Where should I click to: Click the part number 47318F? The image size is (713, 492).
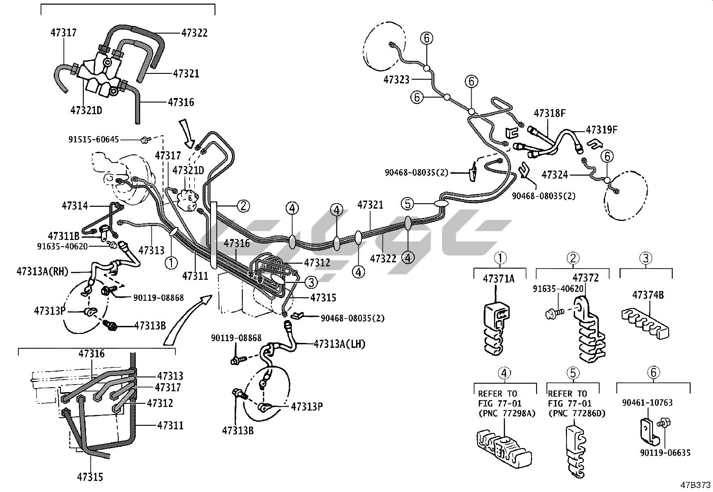click(x=549, y=113)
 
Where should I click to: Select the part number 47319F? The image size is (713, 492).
click(x=602, y=130)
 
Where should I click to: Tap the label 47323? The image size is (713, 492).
click(x=396, y=80)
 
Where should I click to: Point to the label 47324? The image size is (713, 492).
click(x=554, y=175)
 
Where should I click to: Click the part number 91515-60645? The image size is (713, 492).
click(x=94, y=140)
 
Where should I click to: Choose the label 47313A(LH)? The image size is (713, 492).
click(x=339, y=344)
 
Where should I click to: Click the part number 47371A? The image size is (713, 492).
click(x=498, y=279)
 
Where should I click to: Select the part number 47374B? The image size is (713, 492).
click(x=648, y=295)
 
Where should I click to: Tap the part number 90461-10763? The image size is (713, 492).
click(x=647, y=403)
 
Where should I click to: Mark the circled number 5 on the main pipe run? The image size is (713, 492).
click(x=407, y=204)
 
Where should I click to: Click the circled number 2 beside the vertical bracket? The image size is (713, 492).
click(x=243, y=206)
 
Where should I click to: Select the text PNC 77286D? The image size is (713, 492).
click(x=576, y=413)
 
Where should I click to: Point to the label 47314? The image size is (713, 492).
click(x=75, y=205)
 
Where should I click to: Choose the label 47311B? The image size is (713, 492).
click(x=64, y=235)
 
